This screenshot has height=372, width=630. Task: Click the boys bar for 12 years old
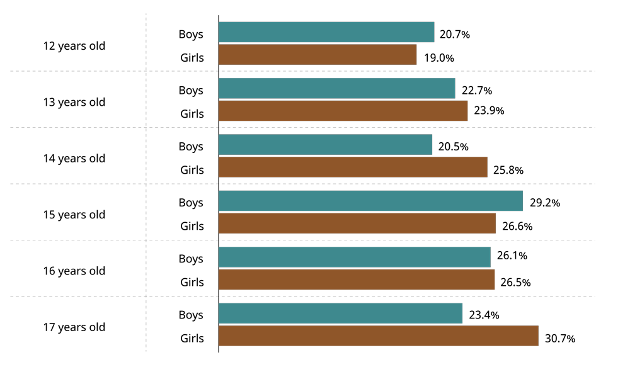[x=326, y=32]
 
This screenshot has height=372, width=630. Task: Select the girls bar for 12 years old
[x=318, y=55]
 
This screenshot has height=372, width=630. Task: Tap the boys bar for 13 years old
[x=336, y=89]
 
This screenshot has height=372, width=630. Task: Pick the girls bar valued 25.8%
[x=353, y=167]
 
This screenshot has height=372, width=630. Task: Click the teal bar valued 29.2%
[x=370, y=201]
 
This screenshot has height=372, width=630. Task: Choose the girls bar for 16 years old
[x=357, y=280]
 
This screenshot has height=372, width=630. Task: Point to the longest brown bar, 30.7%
[x=379, y=336]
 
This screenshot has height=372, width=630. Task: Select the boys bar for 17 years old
[x=340, y=313]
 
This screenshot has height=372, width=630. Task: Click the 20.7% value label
[x=455, y=35]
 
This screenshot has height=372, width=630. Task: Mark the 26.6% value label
[x=517, y=226]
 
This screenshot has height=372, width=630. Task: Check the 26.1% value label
[x=512, y=256]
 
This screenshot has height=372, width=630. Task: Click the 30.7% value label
[x=560, y=339]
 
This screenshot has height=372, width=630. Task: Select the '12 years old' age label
[x=74, y=46]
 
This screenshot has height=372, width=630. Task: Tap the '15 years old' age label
[x=74, y=215]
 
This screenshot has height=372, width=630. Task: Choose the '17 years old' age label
[x=74, y=327]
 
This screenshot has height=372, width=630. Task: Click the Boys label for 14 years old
[x=191, y=147]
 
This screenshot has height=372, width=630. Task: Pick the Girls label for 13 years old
[x=192, y=114]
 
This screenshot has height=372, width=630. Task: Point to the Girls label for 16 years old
[x=192, y=283]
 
